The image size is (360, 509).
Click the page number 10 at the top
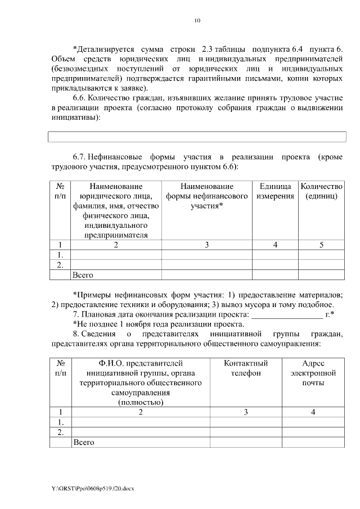click(197, 21)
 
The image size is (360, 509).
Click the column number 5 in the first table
click(321, 245)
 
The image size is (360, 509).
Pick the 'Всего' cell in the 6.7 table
click(83, 275)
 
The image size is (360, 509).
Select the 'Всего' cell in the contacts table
click(83, 443)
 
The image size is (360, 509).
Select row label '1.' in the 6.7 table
click(60, 255)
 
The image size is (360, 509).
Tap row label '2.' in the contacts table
click(60, 432)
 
